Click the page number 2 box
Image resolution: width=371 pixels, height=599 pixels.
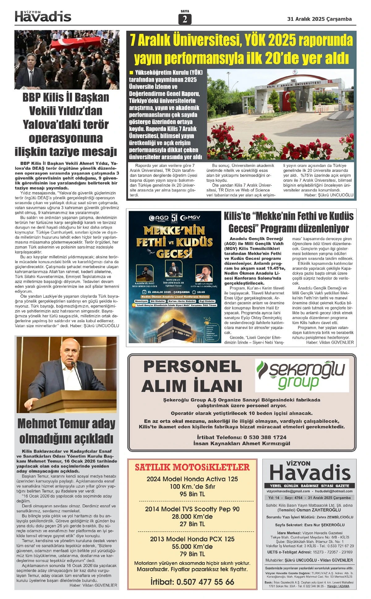click(x=185, y=19)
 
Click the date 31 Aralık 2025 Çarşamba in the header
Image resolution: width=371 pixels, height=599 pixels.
click(x=319, y=19)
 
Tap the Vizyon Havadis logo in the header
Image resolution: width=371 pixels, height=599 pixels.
click(x=43, y=16)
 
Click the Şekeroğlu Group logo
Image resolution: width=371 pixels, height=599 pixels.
click(x=302, y=375)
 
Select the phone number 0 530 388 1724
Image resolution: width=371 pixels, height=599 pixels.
click(x=265, y=437)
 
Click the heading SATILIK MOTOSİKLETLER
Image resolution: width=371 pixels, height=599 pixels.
click(x=192, y=467)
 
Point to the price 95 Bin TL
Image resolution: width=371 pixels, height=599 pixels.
click(x=192, y=494)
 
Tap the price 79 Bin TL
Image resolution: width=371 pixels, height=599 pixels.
click(x=192, y=554)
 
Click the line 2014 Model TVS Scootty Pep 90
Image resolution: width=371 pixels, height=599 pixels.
click(x=192, y=509)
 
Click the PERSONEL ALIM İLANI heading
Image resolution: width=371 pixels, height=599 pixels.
click(x=192, y=376)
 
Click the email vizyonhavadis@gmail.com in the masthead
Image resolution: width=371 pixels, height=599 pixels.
click(x=288, y=491)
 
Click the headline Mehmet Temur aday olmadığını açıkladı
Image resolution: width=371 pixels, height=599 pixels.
click(x=66, y=431)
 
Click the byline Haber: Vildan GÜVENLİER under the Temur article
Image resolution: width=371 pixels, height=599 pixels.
click(x=93, y=585)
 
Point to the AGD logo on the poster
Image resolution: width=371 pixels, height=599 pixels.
click(x=158, y=218)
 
